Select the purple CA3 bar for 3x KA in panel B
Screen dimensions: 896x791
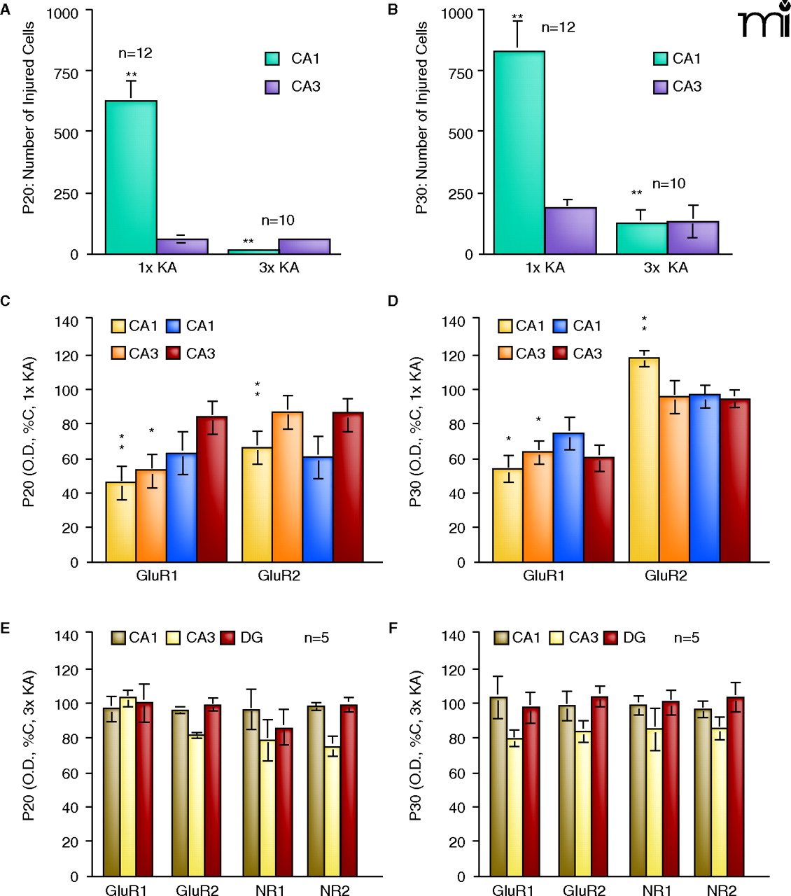pyautogui.click(x=693, y=238)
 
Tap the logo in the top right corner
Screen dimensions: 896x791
pyautogui.click(x=764, y=21)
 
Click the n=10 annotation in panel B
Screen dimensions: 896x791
pyautogui.click(x=668, y=184)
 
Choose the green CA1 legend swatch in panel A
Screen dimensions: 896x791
pyautogui.click(x=272, y=59)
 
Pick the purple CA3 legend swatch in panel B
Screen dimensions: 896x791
pyautogui.click(x=660, y=87)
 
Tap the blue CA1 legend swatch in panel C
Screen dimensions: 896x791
pyautogui.click(x=174, y=326)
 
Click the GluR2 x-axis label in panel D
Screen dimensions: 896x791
pyautogui.click(x=666, y=576)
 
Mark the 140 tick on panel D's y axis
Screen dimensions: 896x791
pyautogui.click(x=454, y=321)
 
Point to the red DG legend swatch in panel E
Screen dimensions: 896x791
pyautogui.click(x=228, y=638)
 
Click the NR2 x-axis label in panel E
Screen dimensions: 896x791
pyautogui.click(x=335, y=890)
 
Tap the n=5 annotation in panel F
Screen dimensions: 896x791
pyautogui.click(x=687, y=638)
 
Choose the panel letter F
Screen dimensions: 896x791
pyautogui.click(x=393, y=627)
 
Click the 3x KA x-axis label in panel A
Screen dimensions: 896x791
pyautogui.click(x=279, y=267)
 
